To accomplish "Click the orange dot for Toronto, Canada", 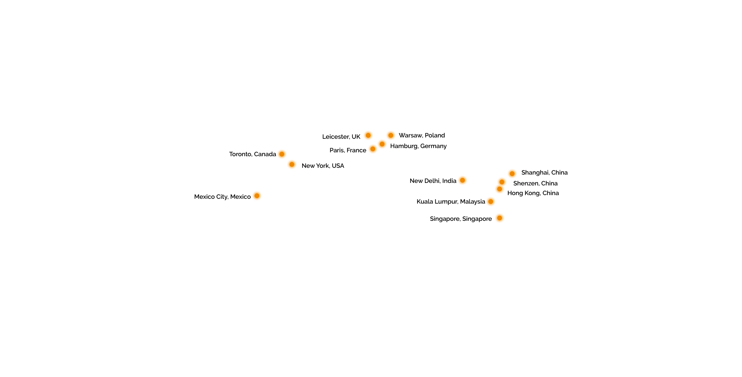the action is [x=282, y=154].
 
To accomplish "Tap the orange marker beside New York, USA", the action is [x=292, y=165].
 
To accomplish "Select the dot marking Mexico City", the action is [x=257, y=196].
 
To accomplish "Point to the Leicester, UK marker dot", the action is [x=368, y=136].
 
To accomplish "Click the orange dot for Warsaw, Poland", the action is [x=391, y=136].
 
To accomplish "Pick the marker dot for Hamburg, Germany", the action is [x=382, y=144].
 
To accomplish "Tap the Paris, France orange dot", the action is [x=373, y=149].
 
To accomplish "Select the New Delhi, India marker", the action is [x=463, y=181].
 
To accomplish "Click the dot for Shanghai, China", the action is [x=512, y=174].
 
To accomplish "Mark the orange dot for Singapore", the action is [x=499, y=218].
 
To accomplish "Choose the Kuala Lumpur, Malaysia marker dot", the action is [x=491, y=202].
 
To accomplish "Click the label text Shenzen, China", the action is [x=535, y=183].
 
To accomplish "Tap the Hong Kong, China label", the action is [x=533, y=193].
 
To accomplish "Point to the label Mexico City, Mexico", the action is [x=222, y=197].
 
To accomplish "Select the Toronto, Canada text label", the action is [x=252, y=154].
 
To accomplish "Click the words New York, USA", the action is [x=323, y=166].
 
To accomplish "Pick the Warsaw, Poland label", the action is [x=422, y=136].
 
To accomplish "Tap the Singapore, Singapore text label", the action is [x=461, y=219].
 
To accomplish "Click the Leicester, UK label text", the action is [x=341, y=137].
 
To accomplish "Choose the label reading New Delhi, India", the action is [x=433, y=181].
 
